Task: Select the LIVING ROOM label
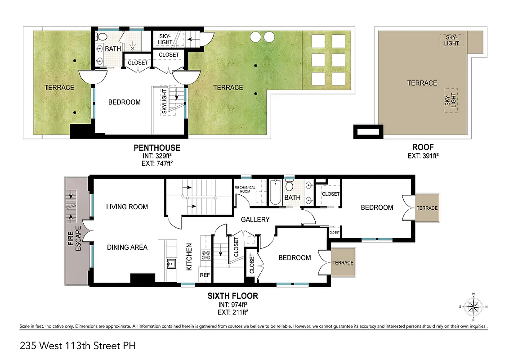click(x=127, y=207)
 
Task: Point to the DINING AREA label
click(x=127, y=247)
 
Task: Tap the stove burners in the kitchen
click(x=205, y=256)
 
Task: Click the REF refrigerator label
click(x=205, y=275)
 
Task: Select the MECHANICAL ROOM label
click(x=245, y=189)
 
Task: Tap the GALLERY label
click(x=255, y=220)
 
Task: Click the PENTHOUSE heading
click(x=157, y=148)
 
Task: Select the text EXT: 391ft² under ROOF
click(x=423, y=156)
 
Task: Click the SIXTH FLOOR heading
click(x=232, y=296)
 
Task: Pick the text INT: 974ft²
click(x=232, y=304)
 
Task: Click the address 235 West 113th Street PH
click(x=77, y=346)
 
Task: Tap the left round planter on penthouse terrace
click(x=256, y=36)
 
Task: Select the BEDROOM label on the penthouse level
click(x=125, y=102)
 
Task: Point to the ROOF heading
click(x=423, y=147)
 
